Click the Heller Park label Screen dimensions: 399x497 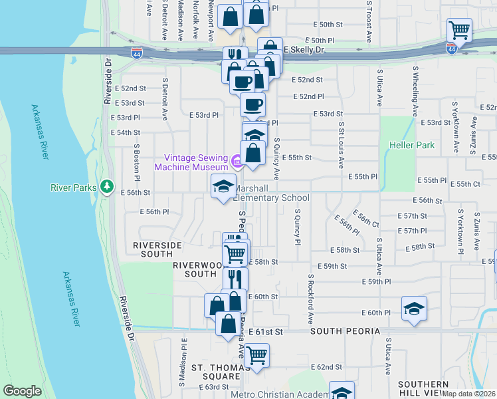pyautogui.click(x=415, y=145)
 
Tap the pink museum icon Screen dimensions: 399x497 pyautogui.click(x=236, y=161)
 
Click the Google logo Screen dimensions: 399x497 pyautogui.click(x=22, y=391)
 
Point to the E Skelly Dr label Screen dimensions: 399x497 pyautogui.click(x=304, y=50)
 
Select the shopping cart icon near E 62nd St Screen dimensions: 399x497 pyautogui.click(x=256, y=354)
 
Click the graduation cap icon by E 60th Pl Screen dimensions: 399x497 pyautogui.click(x=413, y=309)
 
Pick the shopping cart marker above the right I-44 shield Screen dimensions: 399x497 pyautogui.click(x=459, y=30)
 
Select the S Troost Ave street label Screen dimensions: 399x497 pyautogui.click(x=368, y=14)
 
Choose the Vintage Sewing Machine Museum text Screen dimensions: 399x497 pyautogui.click(x=192, y=162)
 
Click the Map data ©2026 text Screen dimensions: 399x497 pyautogui.click(x=468, y=394)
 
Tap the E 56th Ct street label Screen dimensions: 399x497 pyautogui.click(x=366, y=219)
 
